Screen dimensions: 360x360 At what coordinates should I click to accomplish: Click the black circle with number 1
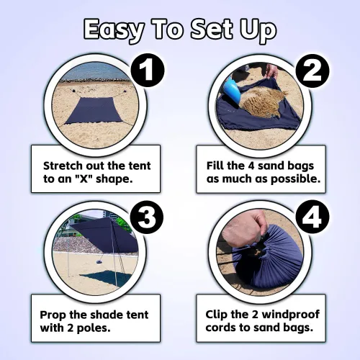[148, 70]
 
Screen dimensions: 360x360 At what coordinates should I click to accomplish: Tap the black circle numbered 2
[312, 71]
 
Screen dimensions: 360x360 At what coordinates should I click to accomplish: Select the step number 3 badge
[147, 217]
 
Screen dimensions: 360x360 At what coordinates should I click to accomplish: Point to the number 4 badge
[312, 217]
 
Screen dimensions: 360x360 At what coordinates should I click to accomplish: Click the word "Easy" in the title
[114, 30]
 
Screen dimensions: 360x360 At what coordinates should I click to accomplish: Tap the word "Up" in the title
[258, 30]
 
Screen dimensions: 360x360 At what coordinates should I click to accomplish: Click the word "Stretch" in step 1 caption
[63, 166]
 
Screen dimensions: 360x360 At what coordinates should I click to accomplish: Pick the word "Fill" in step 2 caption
[214, 166]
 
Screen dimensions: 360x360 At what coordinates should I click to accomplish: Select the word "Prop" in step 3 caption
[53, 315]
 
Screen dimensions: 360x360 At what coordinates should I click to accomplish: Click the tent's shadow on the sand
[106, 279]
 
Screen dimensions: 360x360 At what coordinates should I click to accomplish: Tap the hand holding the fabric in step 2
[272, 71]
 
